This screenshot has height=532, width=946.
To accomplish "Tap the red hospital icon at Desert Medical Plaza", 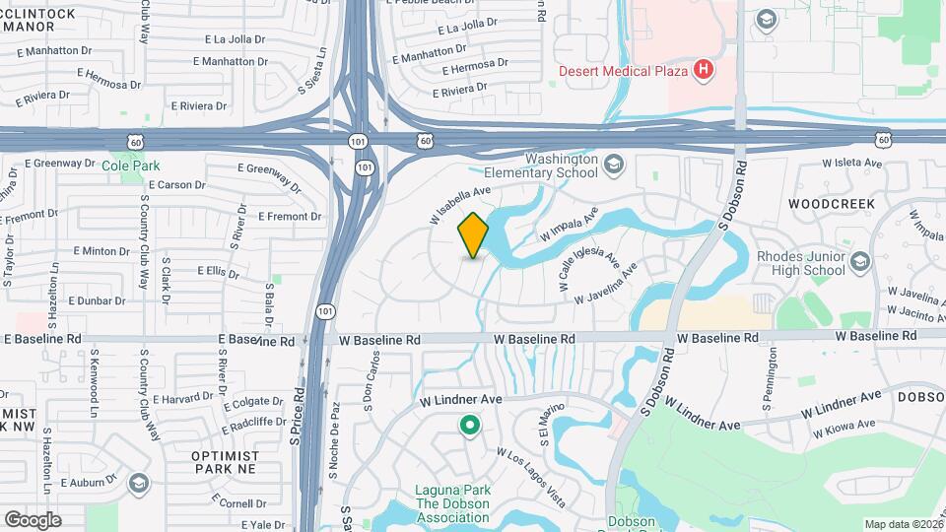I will coord(703,70).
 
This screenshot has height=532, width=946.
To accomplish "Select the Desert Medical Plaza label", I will coord(623,71).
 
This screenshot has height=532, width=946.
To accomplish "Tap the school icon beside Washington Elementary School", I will coord(614,164).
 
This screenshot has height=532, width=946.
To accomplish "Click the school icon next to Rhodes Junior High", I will coord(860,262).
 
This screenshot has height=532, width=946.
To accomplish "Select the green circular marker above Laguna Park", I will coord(470,426).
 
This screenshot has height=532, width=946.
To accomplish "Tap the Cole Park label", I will coord(130,166).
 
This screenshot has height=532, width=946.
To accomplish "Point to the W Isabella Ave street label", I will coord(459,204).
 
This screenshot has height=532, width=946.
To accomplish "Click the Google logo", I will coord(33,519).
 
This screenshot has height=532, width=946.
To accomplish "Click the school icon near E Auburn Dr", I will coord(138,482).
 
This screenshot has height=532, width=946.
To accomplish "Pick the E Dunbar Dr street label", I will coord(97,300).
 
